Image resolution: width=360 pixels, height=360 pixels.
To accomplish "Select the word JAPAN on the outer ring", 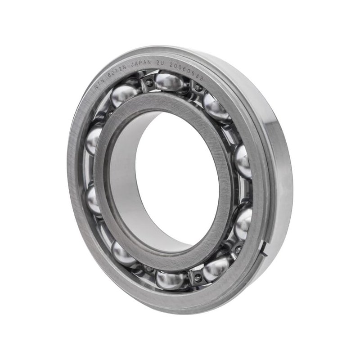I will point(140,63).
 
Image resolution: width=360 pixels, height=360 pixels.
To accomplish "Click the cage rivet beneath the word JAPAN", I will point(149,82).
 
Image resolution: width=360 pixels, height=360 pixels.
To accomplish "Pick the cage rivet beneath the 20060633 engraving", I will point(198,88).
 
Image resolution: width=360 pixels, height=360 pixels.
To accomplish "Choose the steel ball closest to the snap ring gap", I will point(243,223).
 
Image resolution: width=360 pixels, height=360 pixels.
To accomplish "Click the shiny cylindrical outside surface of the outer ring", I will point(281,171).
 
